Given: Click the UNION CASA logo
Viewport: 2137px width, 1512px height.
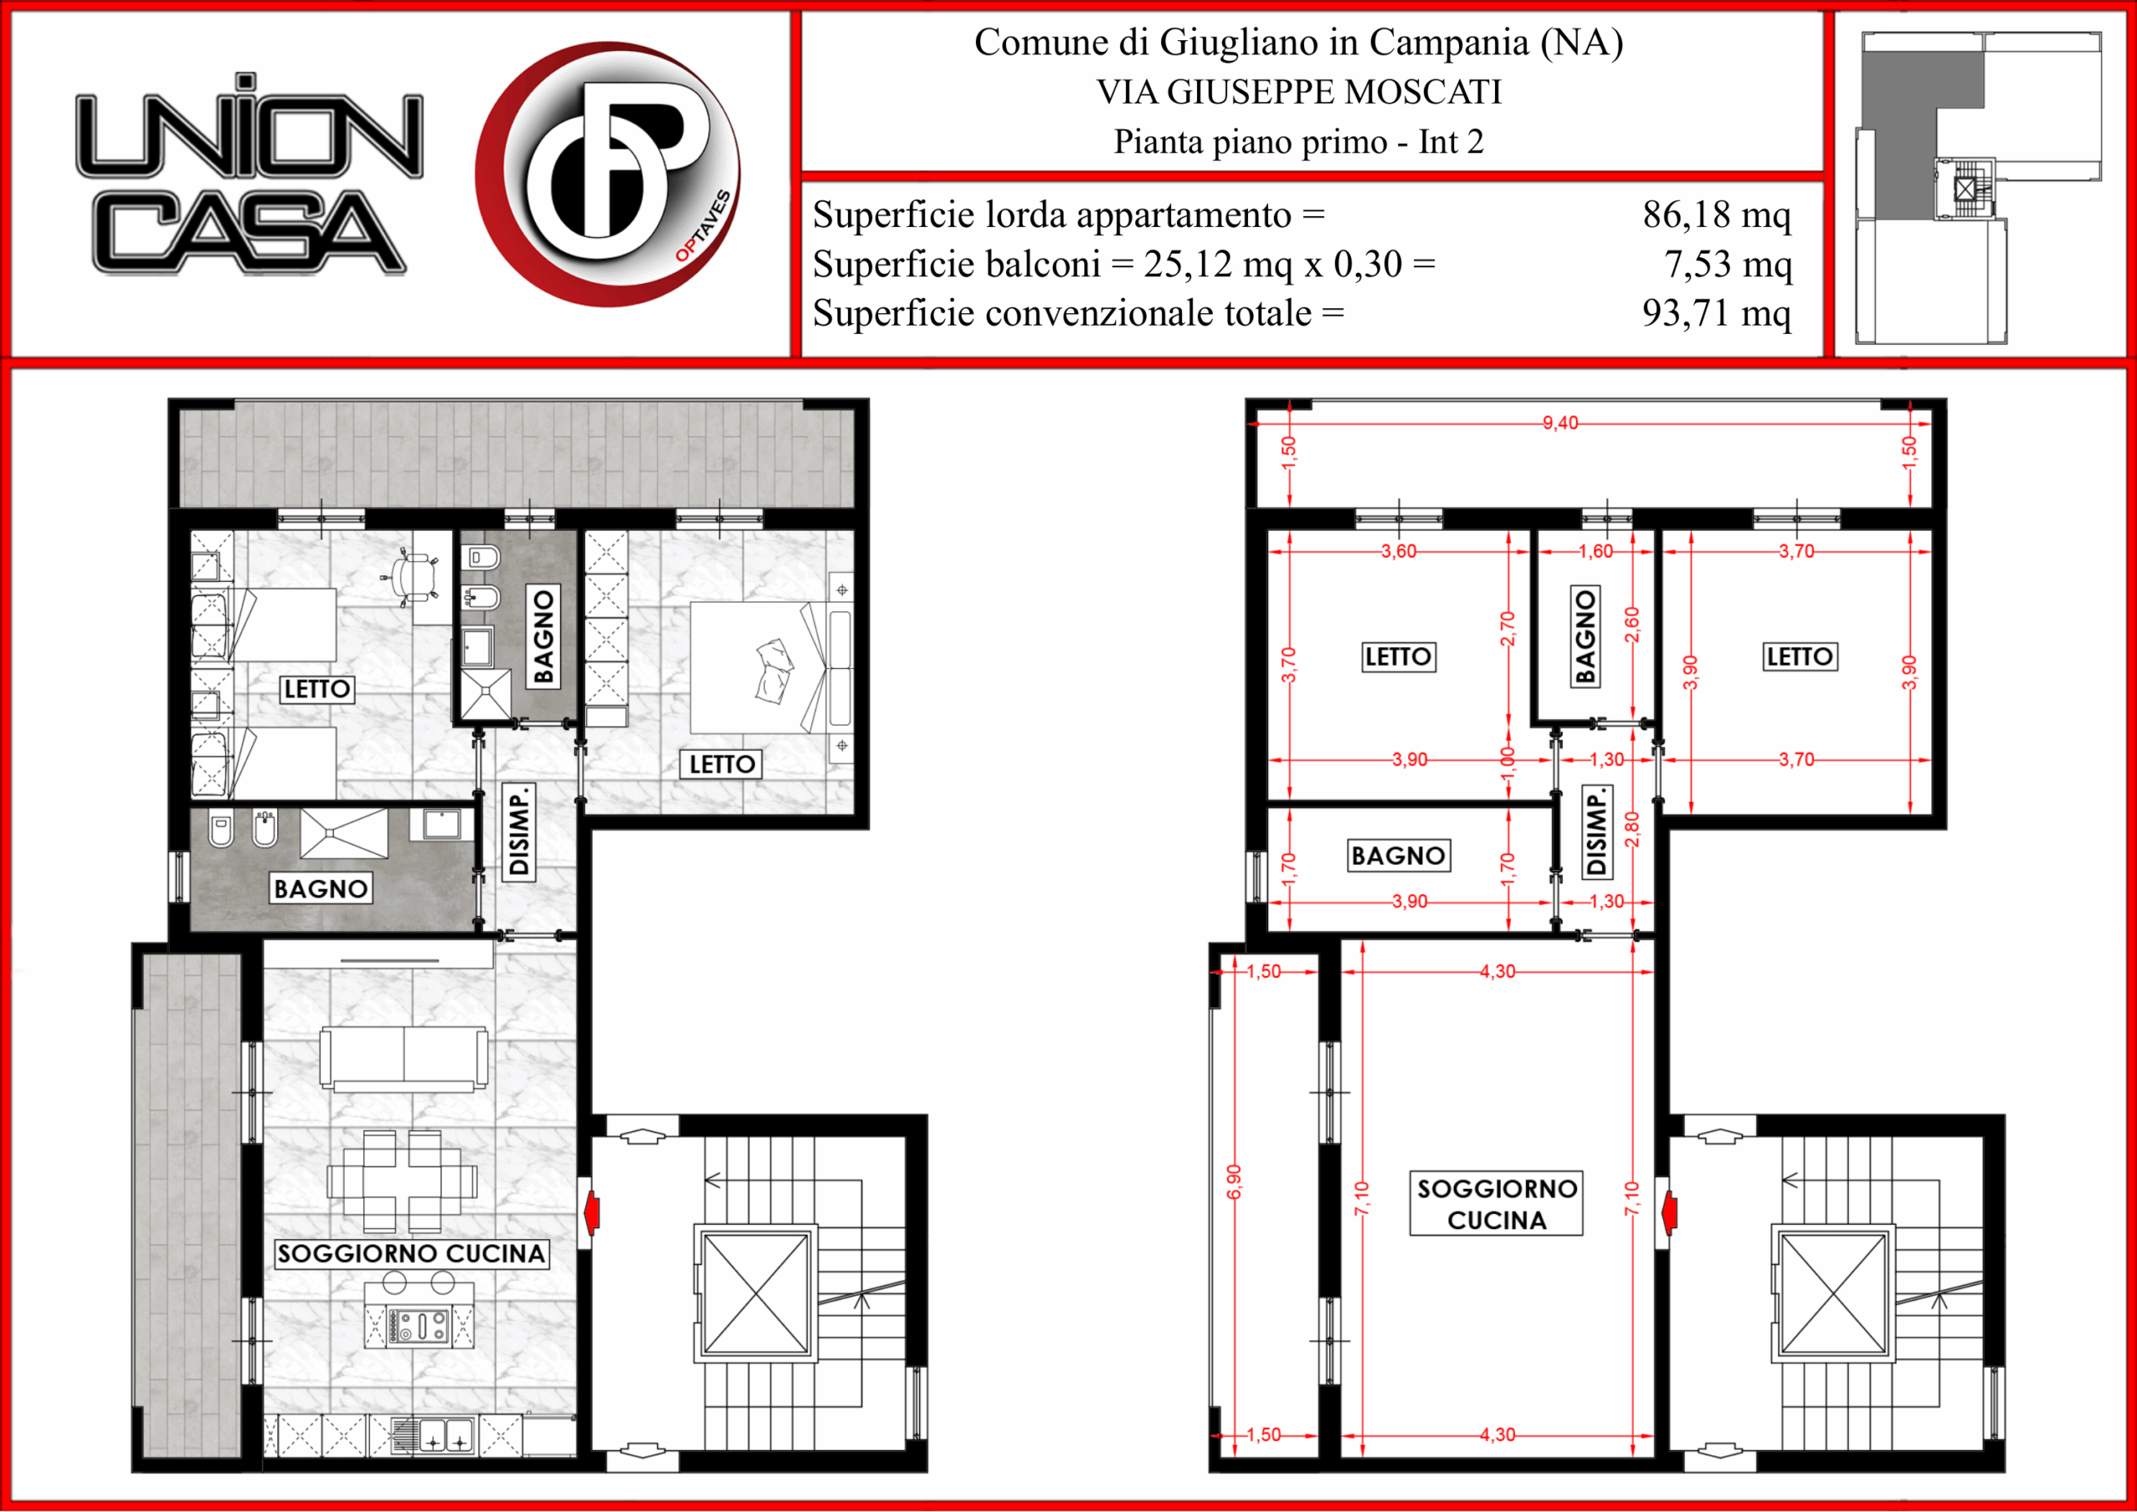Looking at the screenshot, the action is (x=249, y=174).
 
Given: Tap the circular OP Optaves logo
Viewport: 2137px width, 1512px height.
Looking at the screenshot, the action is (x=609, y=174).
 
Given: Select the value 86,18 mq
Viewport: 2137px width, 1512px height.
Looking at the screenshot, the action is (x=1716, y=215).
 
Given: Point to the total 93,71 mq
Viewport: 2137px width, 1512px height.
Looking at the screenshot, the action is (x=1716, y=314).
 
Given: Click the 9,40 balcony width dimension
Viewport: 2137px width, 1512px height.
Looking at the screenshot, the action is (x=1560, y=423).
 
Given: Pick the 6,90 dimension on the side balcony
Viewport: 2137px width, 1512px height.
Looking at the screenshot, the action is (x=1234, y=1182).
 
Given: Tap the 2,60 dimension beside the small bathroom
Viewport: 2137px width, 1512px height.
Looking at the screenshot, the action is (x=1632, y=625).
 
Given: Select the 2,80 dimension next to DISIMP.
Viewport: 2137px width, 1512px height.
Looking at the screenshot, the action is (x=1632, y=830).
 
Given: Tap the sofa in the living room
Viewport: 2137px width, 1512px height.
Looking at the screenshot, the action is (x=403, y=1059).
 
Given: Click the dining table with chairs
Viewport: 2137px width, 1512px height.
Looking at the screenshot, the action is (x=402, y=1182).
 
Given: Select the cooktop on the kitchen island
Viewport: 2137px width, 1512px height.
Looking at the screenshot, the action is (x=420, y=1326).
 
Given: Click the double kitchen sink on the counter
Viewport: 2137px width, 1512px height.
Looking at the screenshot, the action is (x=445, y=1437).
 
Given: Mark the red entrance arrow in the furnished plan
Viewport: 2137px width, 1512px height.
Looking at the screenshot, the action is (x=590, y=1212).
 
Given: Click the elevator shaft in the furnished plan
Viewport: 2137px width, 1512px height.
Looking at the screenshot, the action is (x=755, y=1294).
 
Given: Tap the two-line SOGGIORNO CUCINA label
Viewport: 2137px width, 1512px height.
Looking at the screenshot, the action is (x=1497, y=1204).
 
